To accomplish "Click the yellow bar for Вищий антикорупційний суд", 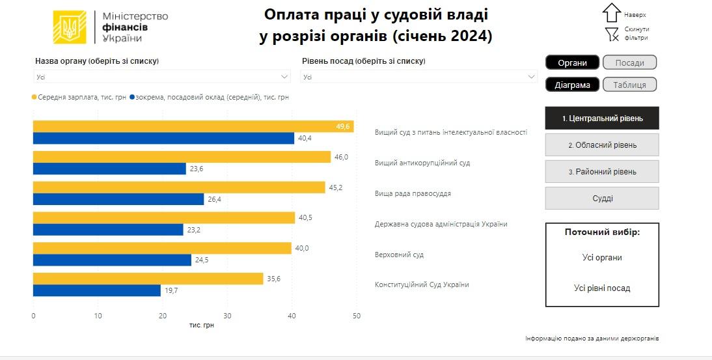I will click(182, 157).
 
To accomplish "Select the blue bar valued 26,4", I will click(118, 199).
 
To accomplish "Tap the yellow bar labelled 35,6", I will click(148, 279).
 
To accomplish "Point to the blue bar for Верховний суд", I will click(112, 260).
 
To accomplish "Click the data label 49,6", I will click(343, 126).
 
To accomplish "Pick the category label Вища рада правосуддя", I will click(413, 193).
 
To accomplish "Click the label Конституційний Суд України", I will click(422, 284).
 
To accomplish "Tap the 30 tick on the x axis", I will click(227, 316).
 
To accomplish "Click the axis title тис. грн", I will click(201, 325).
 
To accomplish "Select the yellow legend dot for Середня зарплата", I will click(34, 97).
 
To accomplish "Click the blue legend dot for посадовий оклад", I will click(132, 97).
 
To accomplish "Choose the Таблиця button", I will click(629, 85).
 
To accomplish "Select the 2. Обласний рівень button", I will click(602, 145).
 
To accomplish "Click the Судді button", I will click(602, 199).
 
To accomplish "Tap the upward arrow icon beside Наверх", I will click(611, 12).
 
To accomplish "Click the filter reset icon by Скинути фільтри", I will click(611, 34).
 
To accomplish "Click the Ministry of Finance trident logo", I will click(70, 27).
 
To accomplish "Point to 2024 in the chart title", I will click(467, 36).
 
